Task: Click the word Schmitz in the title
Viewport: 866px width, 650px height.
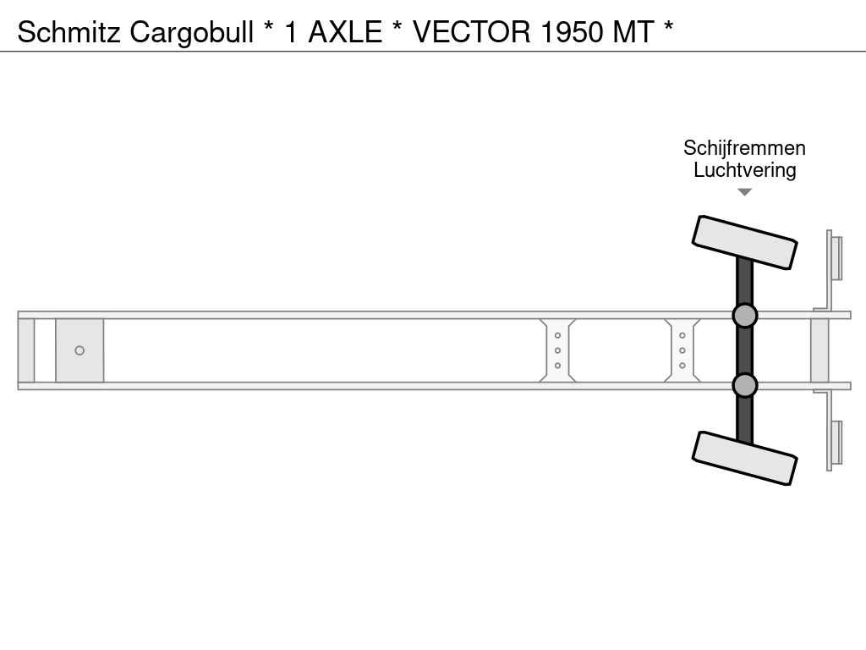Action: click(69, 32)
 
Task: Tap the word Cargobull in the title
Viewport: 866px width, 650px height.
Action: click(192, 32)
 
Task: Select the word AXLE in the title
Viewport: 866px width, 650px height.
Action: click(345, 32)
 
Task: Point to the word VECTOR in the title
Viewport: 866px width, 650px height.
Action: click(472, 32)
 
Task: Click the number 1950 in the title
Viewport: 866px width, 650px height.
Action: click(572, 32)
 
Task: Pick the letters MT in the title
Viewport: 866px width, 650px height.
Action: click(633, 32)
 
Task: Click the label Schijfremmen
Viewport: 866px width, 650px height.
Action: click(744, 148)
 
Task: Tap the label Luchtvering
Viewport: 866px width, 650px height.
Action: click(744, 170)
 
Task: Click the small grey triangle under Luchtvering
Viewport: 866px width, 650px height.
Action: click(744, 192)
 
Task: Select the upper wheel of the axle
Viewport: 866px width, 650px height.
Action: click(744, 242)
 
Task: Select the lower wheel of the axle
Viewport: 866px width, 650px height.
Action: click(744, 458)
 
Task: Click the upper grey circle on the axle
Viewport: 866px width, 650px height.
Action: click(744, 316)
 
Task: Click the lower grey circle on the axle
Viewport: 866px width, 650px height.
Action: click(744, 385)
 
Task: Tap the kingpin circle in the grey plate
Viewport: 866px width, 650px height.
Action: click(79, 350)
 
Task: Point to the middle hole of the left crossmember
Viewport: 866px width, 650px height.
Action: click(557, 350)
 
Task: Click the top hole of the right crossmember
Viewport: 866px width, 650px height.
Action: click(682, 335)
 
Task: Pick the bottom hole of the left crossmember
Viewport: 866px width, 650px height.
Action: click(557, 366)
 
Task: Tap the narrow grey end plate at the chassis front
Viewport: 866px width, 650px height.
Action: click(26, 350)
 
